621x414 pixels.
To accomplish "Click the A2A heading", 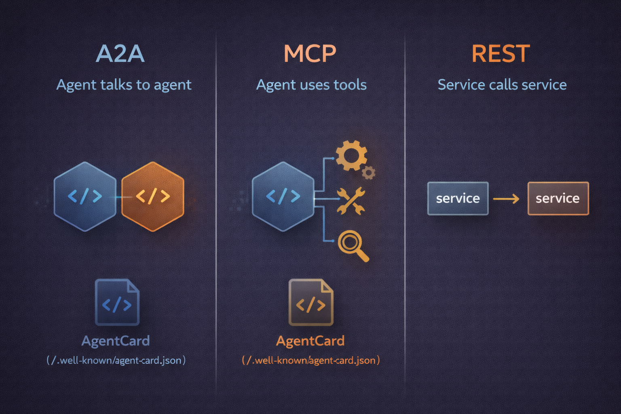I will tap(120, 54).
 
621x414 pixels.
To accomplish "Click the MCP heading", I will tap(310, 54).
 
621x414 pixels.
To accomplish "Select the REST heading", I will tap(501, 54).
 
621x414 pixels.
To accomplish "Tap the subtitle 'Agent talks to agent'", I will tap(124, 85).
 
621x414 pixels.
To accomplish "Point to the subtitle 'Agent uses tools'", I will tap(311, 85).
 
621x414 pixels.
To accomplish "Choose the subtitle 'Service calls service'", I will tap(502, 85).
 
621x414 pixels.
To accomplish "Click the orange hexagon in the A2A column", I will tap(153, 196).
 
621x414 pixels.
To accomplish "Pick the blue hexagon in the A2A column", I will tap(85, 196).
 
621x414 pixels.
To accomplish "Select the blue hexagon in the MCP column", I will tap(283, 196).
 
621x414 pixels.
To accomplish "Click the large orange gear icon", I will tap(351, 155).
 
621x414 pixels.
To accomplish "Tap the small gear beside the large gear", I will tap(368, 173).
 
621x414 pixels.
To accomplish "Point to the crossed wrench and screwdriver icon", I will tap(351, 201).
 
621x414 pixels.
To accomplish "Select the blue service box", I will tap(458, 199).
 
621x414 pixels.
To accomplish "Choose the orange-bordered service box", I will tap(558, 199).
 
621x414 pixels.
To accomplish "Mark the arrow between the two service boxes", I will tap(506, 199).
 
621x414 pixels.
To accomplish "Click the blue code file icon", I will tap(117, 302).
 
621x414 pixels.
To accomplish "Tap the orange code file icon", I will tap(311, 302).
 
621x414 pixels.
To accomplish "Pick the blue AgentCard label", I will tap(116, 341).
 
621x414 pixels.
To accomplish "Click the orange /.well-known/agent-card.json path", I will tap(311, 360).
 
